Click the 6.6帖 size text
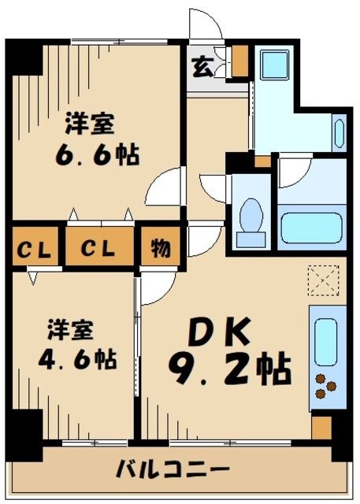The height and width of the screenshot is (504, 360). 97,153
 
